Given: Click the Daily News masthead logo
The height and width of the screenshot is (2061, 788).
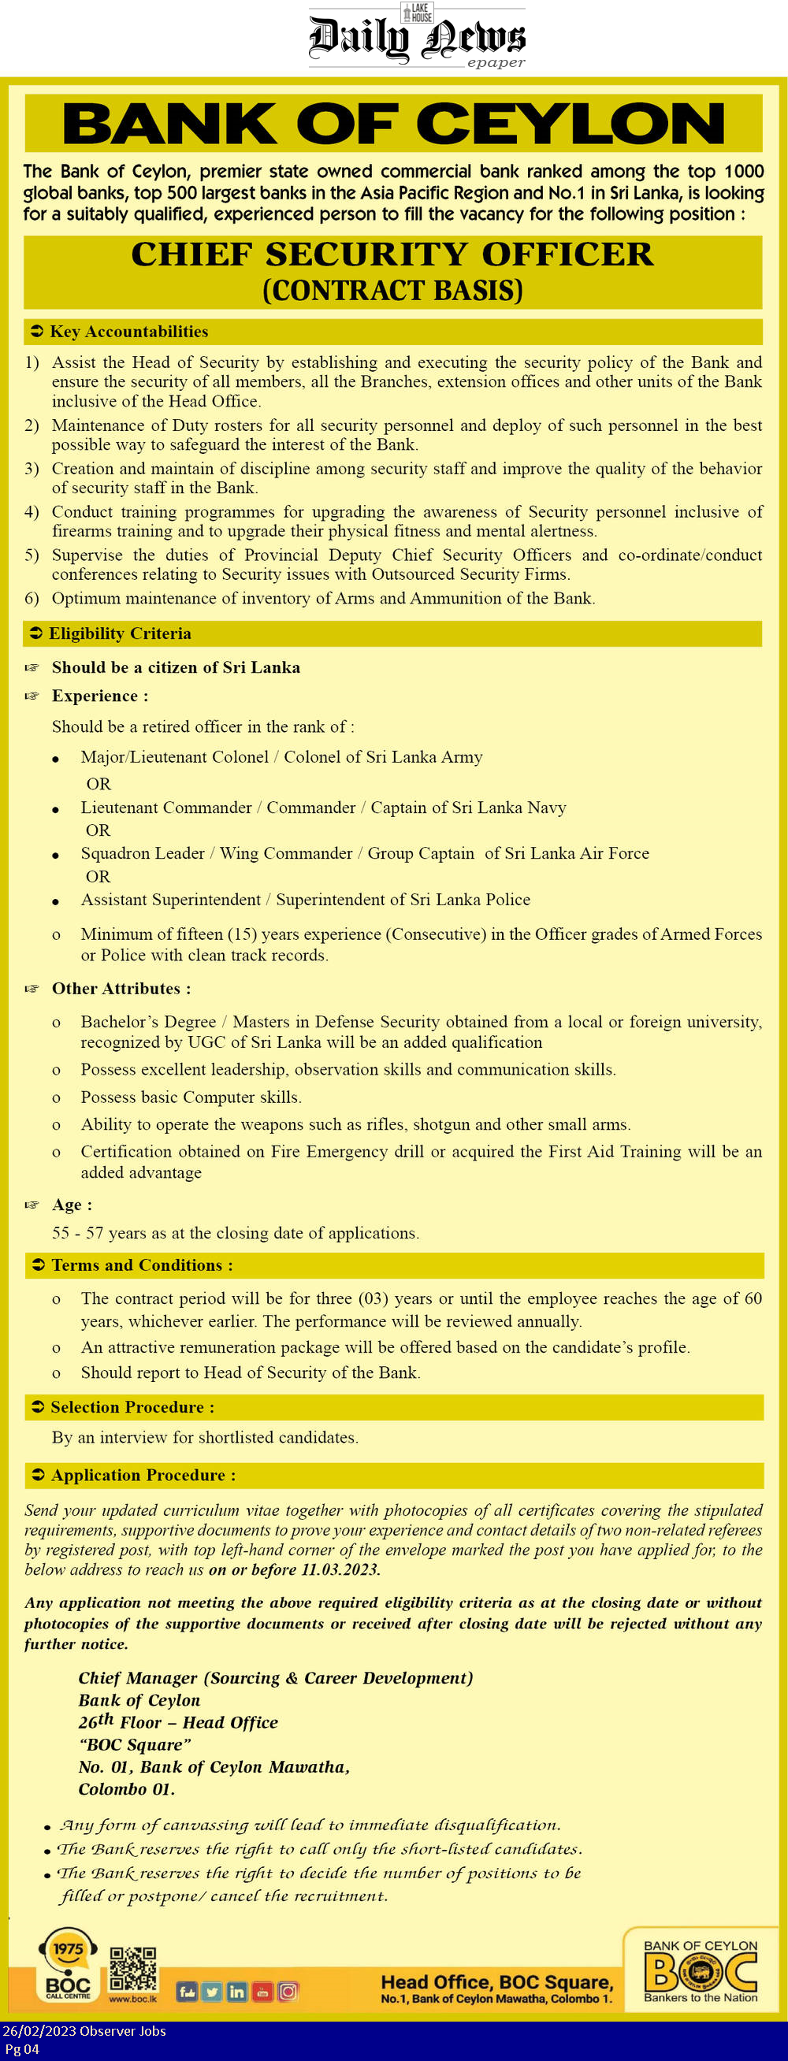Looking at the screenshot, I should (x=417, y=37).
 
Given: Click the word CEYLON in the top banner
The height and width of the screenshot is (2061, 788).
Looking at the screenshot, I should (x=570, y=124).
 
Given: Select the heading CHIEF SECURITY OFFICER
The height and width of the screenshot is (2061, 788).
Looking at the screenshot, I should (x=392, y=254).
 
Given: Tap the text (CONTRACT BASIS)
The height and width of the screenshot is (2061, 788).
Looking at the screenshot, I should (x=392, y=291).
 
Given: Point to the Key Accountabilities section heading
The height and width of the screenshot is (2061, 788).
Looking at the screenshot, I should (x=128, y=331).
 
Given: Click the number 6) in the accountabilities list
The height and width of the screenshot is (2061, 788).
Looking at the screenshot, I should (x=32, y=599).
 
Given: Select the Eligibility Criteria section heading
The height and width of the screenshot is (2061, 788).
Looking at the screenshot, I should (x=119, y=633).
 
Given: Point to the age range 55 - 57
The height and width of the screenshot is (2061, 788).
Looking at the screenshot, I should (x=77, y=1233).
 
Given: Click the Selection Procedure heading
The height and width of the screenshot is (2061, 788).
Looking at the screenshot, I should (x=132, y=1406).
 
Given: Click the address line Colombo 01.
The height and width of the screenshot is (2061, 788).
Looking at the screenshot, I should (x=126, y=1789).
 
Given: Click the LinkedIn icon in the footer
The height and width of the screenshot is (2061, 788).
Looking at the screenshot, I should (x=237, y=1992).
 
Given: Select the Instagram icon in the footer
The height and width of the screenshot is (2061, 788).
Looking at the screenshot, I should (x=288, y=1992).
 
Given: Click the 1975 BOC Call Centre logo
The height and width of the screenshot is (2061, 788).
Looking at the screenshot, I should (x=68, y=1964).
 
